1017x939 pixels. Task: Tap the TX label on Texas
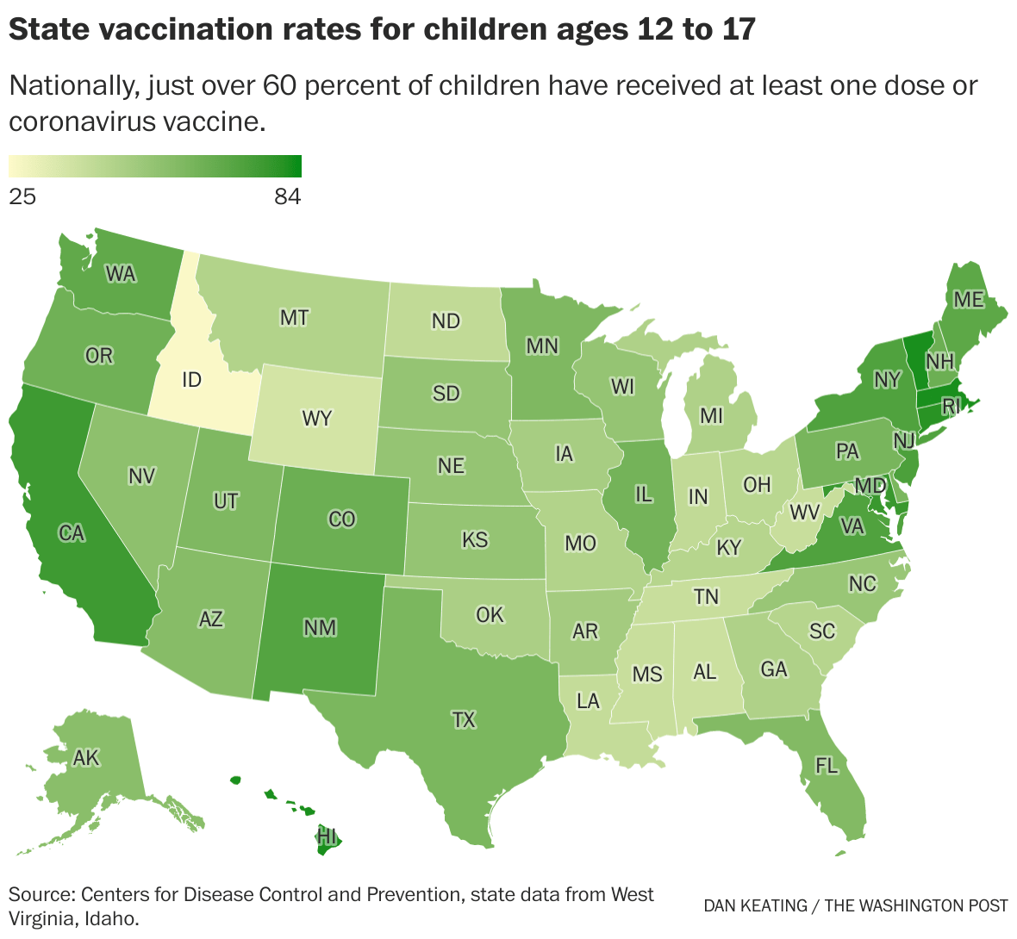pos(464,719)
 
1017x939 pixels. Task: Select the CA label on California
pos(72,533)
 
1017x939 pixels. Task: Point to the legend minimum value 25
pos(22,197)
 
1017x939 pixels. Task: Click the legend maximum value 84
pos(288,197)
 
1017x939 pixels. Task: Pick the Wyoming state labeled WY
pos(317,419)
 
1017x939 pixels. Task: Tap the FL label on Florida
pos(827,765)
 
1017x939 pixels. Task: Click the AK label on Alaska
pos(86,758)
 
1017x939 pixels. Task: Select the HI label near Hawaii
pos(327,835)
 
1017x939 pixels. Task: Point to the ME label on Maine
pos(969,299)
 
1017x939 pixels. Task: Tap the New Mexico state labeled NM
pos(320,628)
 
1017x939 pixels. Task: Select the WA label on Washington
pos(121,274)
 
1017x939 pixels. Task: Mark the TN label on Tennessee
pos(706,596)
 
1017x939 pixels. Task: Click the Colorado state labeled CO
pos(342,519)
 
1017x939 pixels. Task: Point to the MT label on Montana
pos(294,318)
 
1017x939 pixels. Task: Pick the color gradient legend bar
pos(155,166)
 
